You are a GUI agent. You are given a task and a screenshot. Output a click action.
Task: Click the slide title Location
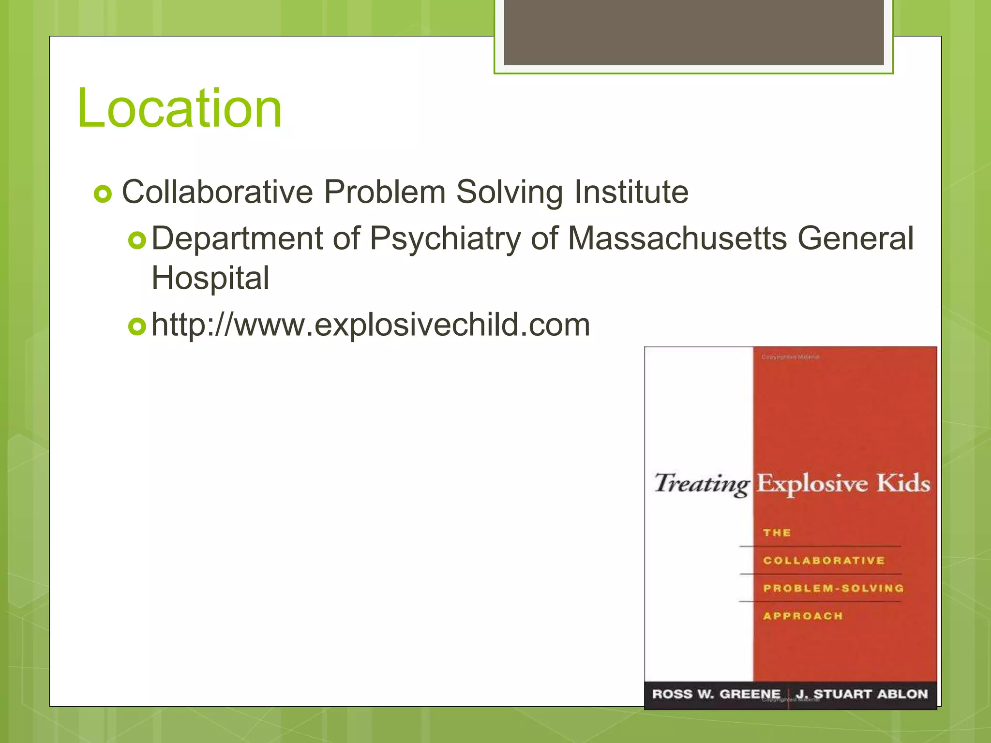pos(179,108)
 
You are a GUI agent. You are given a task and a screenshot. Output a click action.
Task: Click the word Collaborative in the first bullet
pos(217,192)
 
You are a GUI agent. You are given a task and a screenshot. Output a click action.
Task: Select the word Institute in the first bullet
pos(631,192)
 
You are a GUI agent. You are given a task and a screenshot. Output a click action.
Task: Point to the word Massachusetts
pos(677,239)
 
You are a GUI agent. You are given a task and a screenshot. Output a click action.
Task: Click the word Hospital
pos(210,278)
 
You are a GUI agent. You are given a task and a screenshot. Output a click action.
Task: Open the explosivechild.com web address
pos(371,325)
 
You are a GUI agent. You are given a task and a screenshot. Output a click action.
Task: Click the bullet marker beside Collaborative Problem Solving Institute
pos(103,194)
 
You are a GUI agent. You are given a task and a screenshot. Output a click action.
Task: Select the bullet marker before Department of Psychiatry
pos(137,240)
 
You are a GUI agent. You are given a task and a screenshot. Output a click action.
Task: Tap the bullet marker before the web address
pos(137,327)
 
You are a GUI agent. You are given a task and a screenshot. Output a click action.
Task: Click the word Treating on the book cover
pos(701,484)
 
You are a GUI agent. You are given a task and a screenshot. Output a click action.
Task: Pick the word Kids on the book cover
pos(903,483)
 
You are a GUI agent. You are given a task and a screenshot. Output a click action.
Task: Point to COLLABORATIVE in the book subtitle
pos(824,561)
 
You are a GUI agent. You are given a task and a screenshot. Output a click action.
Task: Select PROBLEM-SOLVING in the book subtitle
pos(833,588)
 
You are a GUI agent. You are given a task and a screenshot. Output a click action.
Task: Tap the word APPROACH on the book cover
pos(803,616)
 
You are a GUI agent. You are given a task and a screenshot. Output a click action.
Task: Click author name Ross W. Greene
pos(716,694)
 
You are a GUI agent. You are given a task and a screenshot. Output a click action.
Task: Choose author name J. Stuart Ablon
pos(862,694)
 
